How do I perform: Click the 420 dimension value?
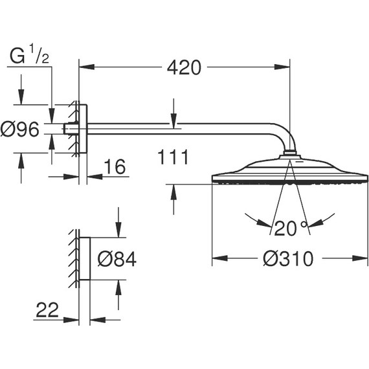click(184, 67)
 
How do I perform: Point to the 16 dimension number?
click(114, 167)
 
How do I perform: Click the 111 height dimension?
click(173, 157)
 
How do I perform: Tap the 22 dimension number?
click(47, 310)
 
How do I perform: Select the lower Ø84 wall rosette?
click(84, 258)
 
